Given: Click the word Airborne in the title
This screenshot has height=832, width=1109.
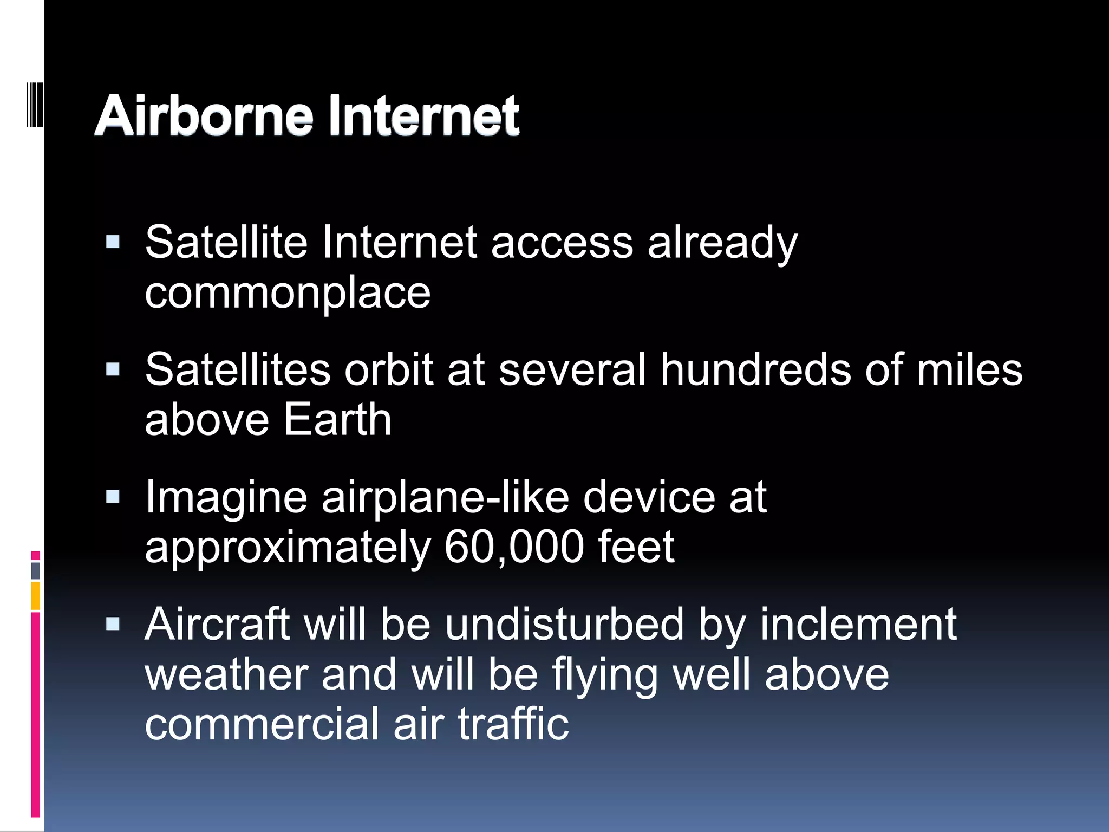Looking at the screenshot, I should pos(204,115).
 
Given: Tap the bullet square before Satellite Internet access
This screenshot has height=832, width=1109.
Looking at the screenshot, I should pos(113,242).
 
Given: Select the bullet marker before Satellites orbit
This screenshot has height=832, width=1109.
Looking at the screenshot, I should pos(113,369).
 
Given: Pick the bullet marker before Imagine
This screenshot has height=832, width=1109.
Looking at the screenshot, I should pos(113,497).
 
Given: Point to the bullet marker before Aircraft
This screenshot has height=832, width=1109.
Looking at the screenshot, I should pos(113,624).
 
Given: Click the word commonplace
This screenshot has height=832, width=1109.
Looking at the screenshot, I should pos(288,294).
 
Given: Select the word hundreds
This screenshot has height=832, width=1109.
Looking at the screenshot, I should pos(755,369).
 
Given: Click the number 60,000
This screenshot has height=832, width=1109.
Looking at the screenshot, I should pos(513,547).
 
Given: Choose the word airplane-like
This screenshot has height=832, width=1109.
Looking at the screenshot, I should pos(445,497).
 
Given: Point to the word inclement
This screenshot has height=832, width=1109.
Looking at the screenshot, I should pos(858,624).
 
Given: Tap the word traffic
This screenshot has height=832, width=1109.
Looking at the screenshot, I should pos(513,724).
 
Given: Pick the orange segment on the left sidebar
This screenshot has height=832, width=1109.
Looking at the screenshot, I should pos(36,596).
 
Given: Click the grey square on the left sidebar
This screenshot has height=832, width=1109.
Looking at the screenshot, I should pos(36,570).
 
